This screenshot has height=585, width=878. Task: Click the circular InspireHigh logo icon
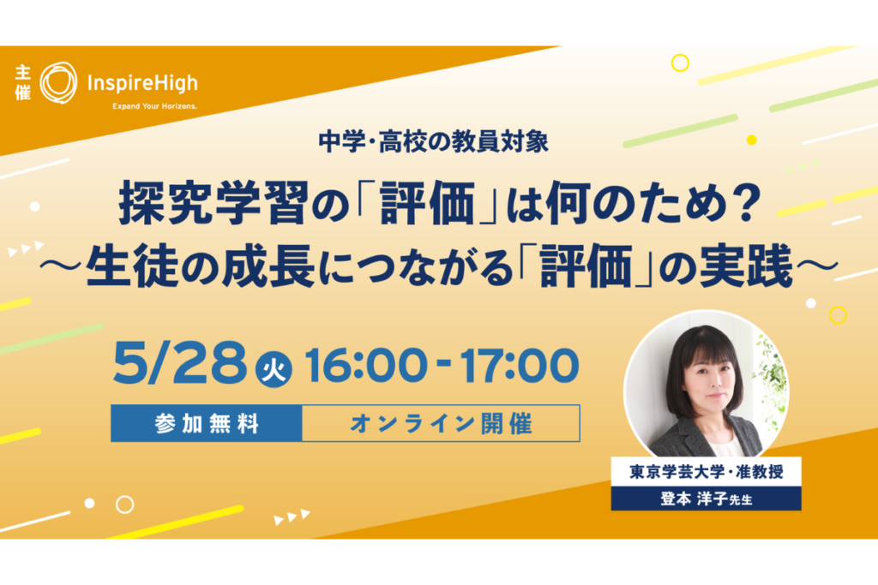click(x=59, y=83)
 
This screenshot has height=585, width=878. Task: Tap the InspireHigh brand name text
click(x=142, y=83)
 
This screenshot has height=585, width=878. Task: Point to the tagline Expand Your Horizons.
click(x=154, y=106)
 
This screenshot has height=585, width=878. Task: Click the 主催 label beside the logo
click(x=23, y=82)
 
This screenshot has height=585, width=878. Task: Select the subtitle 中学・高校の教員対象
click(x=433, y=142)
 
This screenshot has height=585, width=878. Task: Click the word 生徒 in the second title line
click(x=133, y=266)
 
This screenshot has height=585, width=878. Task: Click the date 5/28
click(x=180, y=363)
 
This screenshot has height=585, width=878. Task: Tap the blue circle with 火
click(x=274, y=370)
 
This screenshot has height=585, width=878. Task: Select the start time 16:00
click(x=366, y=365)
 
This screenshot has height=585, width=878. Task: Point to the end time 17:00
click(x=519, y=365)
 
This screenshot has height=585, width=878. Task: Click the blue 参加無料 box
click(x=207, y=423)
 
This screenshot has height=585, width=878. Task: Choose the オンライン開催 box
click(x=442, y=423)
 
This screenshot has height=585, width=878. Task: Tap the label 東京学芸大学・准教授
click(x=707, y=472)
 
